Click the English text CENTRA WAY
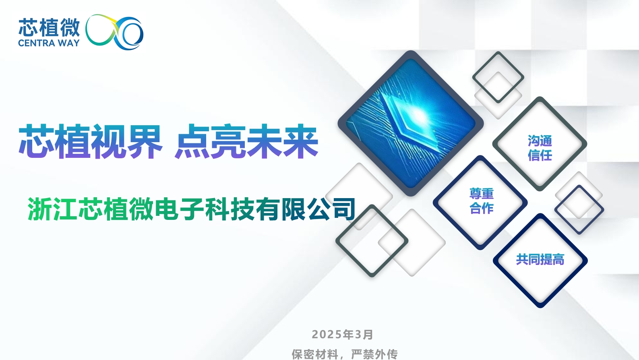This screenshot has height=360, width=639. (49, 43)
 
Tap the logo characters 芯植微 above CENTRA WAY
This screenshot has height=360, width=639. (49, 28)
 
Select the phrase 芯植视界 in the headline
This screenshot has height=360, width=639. (90, 141)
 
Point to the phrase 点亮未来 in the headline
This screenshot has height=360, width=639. (246, 141)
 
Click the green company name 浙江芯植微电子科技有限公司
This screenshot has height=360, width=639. (191, 209)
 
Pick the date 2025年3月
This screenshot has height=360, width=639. (342, 334)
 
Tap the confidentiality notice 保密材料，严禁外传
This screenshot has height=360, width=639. (345, 354)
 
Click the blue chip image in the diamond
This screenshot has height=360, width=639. (411, 124)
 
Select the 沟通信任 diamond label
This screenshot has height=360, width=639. (540, 148)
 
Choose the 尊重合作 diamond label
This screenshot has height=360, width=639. (482, 201)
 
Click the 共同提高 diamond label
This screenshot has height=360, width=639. (540, 260)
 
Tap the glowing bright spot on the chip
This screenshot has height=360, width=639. (418, 115)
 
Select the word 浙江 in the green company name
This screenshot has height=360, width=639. (52, 209)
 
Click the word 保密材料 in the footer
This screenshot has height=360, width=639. (314, 354)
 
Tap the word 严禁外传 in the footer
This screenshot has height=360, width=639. (374, 354)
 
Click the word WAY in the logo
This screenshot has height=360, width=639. (69, 43)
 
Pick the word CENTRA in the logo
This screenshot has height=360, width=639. (37, 43)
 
